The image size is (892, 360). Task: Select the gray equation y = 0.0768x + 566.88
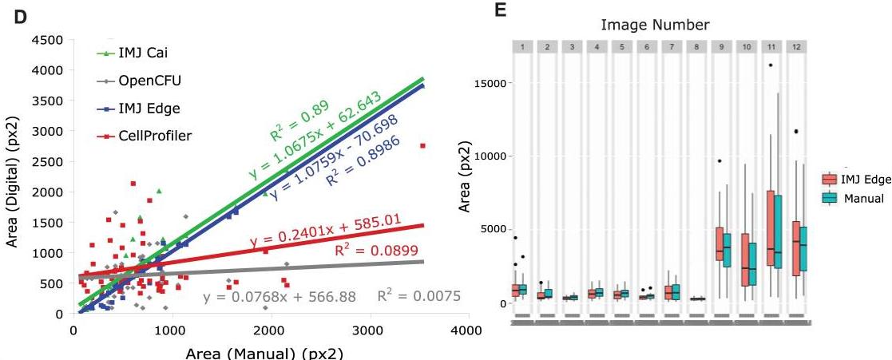click(280, 298)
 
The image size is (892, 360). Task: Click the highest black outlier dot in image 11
click(770, 65)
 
